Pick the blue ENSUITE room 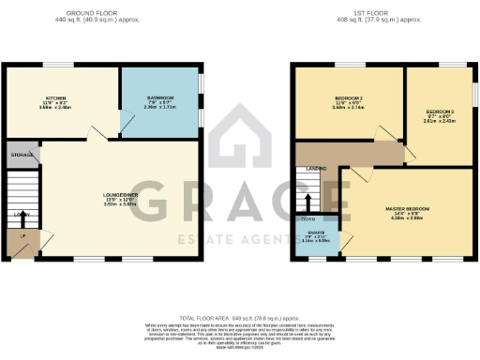pos(316,239)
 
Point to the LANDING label pos(316,169)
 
